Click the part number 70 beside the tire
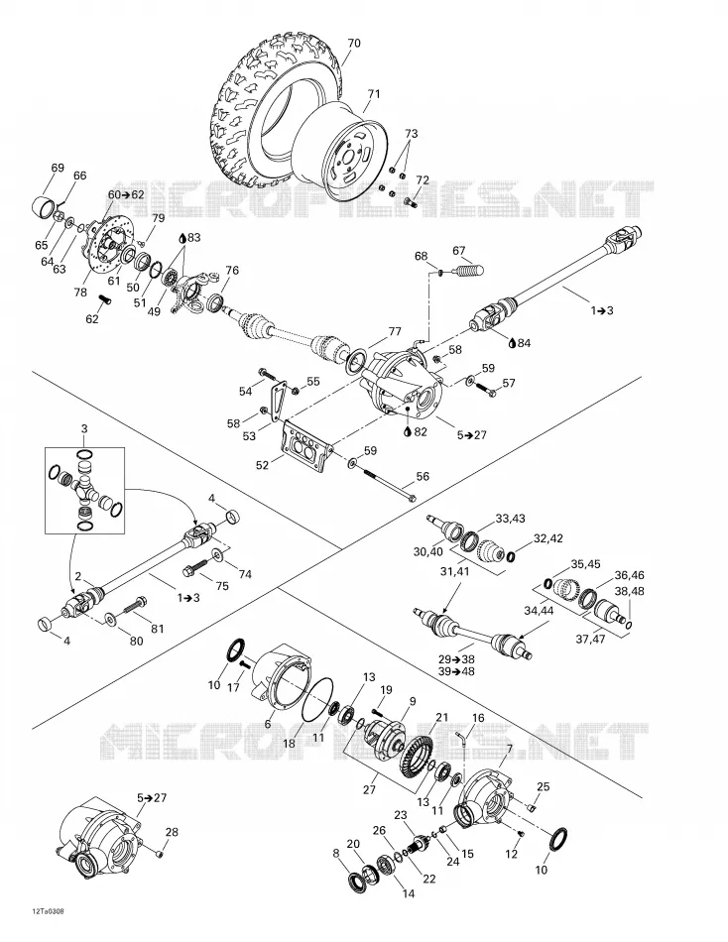(x=354, y=43)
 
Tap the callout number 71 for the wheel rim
(x=374, y=94)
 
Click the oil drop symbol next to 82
(x=408, y=430)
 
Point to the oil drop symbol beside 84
(x=512, y=342)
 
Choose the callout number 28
(x=172, y=832)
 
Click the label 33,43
(x=510, y=518)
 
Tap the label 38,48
(x=630, y=591)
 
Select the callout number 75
(x=222, y=586)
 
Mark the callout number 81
(x=157, y=629)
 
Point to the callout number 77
(x=395, y=331)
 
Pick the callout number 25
(x=543, y=786)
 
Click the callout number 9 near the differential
(x=413, y=700)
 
